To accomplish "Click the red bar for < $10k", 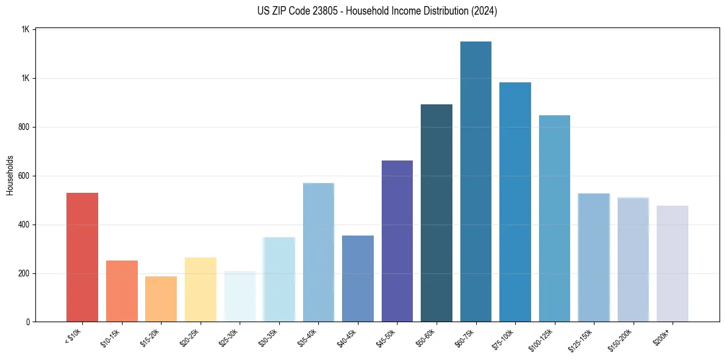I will tap(82, 257).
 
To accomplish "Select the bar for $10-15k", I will tap(121, 291).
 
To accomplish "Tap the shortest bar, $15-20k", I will tap(161, 299).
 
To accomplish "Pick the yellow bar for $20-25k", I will tap(201, 289).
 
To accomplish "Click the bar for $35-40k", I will tap(318, 252).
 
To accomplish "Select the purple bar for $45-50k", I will tap(397, 241).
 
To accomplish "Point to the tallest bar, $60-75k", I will tap(476, 181).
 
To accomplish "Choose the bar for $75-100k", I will tap(515, 202).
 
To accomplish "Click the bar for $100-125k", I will tap(554, 218).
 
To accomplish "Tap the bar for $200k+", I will tap(673, 264).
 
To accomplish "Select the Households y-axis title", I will tap(10, 175).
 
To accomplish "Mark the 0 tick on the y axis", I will tap(27, 322).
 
